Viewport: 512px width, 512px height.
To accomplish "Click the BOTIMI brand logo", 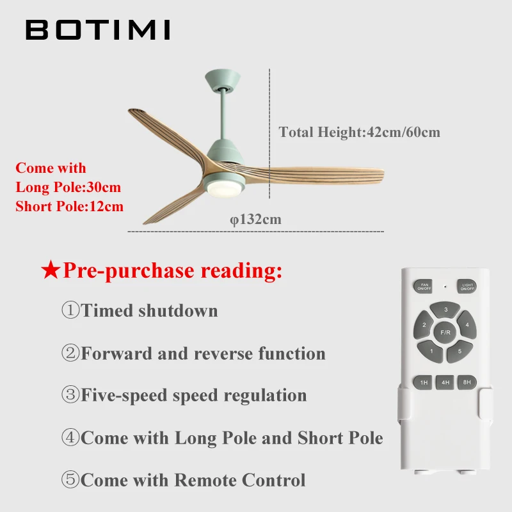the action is point(98,29).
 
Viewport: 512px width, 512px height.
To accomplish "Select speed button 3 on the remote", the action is point(445,310).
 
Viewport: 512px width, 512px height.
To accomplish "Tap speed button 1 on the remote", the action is point(431,350).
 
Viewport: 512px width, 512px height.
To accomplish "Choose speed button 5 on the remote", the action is point(460,350).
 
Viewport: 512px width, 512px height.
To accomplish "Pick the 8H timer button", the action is point(467,382).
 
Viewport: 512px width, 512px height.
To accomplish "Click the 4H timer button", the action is point(445,382).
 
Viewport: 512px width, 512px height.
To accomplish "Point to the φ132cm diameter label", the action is point(256,220).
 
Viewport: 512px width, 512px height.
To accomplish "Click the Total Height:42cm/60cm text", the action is point(359,132).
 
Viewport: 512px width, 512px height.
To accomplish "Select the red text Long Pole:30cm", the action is point(68,188).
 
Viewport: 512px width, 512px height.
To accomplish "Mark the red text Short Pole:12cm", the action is point(69,206).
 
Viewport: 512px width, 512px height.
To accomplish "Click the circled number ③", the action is point(70,395).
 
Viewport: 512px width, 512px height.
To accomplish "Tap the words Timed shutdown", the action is point(149,311).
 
